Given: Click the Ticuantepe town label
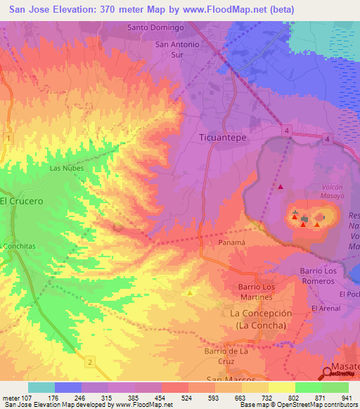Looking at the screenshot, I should click(x=223, y=138).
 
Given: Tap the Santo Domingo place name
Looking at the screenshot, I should click(x=155, y=27).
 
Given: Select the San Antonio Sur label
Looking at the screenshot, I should click(x=177, y=49).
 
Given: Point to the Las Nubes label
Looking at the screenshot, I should click(x=67, y=169).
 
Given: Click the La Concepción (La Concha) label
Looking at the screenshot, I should click(x=261, y=318).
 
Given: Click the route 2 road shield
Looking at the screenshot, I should click(x=91, y=361).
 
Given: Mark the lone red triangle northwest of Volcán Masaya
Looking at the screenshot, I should click(x=281, y=187).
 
